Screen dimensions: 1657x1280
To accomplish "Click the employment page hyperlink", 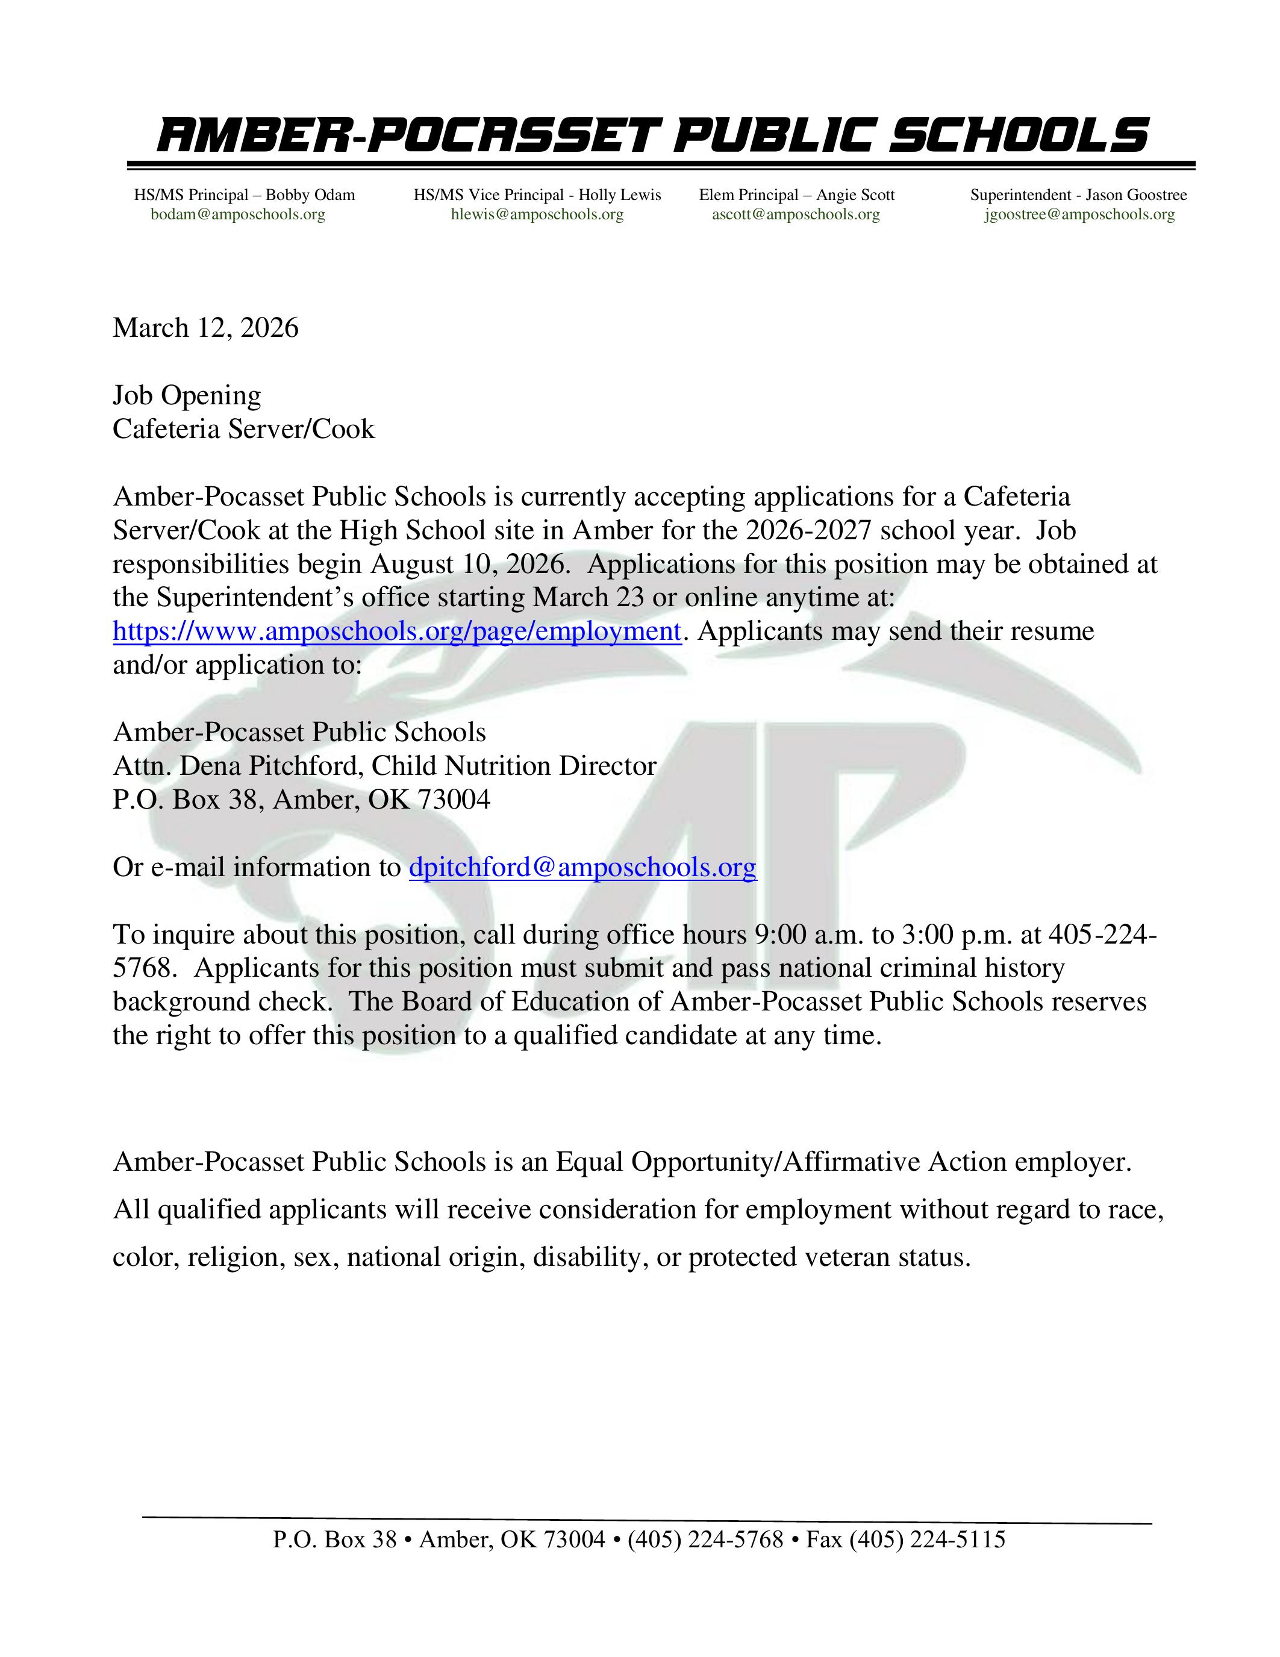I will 396,631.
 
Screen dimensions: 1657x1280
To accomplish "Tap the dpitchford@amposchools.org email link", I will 582,867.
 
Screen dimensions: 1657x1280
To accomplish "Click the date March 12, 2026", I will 205,328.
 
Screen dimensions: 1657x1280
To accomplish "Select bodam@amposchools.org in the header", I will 237,215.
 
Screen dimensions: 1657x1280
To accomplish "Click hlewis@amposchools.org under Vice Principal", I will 537,215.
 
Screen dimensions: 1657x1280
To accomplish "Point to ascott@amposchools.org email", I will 796,215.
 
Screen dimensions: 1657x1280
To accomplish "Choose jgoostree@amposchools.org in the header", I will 1079,215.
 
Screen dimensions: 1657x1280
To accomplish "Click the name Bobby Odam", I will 310,195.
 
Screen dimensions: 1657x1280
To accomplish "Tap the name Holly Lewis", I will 620,195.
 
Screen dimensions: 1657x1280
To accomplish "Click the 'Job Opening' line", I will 187,395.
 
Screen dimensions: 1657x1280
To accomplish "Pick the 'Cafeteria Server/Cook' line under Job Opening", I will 243,430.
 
